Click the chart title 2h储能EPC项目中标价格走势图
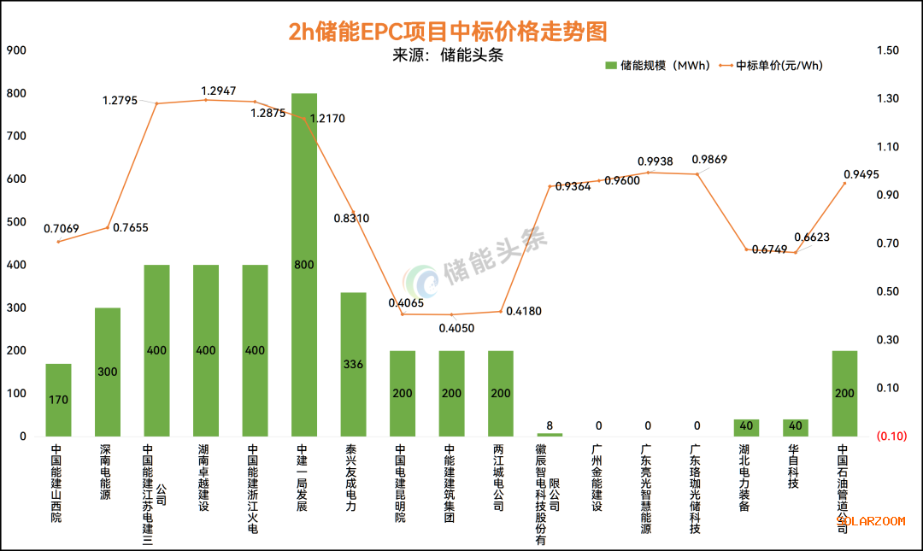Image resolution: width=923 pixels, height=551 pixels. click(x=448, y=31)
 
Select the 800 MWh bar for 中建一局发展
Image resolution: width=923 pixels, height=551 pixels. click(x=304, y=265)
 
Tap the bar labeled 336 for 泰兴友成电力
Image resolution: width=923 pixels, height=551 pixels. click(x=353, y=364)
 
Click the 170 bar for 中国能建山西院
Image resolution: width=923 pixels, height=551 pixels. click(x=58, y=400)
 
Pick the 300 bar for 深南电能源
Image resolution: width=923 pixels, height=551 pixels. click(x=108, y=372)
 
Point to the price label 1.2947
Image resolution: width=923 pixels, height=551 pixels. click(x=218, y=91)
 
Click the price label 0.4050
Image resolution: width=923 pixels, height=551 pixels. click(x=456, y=327)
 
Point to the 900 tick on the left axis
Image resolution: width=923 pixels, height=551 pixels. click(x=16, y=50)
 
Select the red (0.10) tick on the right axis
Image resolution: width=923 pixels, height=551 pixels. click(x=891, y=437)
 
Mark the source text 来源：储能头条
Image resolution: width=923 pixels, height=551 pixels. click(x=447, y=56)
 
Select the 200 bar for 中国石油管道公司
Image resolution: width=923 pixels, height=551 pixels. click(x=844, y=393)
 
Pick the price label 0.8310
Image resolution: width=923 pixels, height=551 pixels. click(x=351, y=218)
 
